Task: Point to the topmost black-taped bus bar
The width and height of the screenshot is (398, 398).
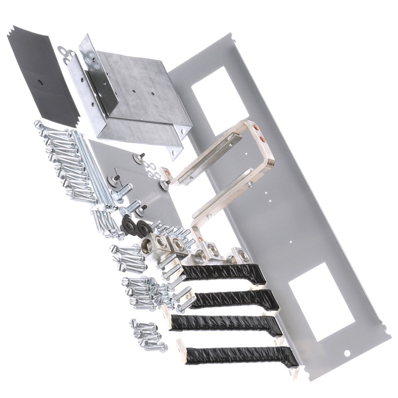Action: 223,274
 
